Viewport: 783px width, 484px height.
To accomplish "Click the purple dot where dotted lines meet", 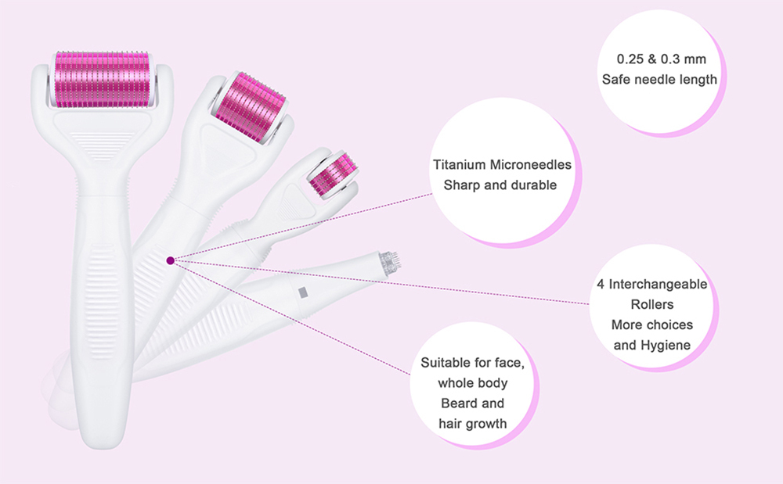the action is point(170,260).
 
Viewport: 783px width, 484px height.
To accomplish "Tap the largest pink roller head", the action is point(101,79).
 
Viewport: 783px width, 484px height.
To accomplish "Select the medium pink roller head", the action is point(254,106).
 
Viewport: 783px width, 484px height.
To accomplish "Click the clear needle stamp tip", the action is point(390,261).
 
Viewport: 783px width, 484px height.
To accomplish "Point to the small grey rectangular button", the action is point(301,292).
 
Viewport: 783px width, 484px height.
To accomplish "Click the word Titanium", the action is point(459,165).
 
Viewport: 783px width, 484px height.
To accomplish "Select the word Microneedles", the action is point(530,165).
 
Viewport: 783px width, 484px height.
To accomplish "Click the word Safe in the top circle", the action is point(616,80).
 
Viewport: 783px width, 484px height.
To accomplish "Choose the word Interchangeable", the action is point(658,284).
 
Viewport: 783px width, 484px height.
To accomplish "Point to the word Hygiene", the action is point(666,346).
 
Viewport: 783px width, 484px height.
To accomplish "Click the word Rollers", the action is point(652,305).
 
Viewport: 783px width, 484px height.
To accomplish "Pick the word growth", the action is point(486,425).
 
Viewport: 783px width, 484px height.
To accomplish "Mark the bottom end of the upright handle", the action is point(101,446).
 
